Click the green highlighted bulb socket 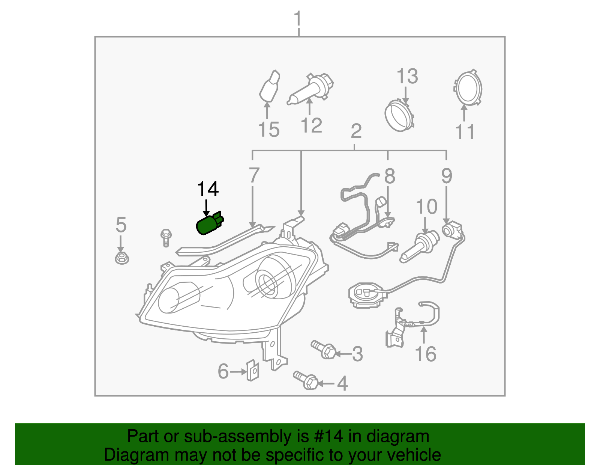209,224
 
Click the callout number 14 208,189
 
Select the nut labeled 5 121,258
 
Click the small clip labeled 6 253,370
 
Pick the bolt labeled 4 306,380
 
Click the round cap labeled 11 467,88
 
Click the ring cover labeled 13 400,115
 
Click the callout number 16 426,354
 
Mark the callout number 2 356,131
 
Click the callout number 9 447,176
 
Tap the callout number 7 254,175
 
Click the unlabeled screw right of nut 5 165,238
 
